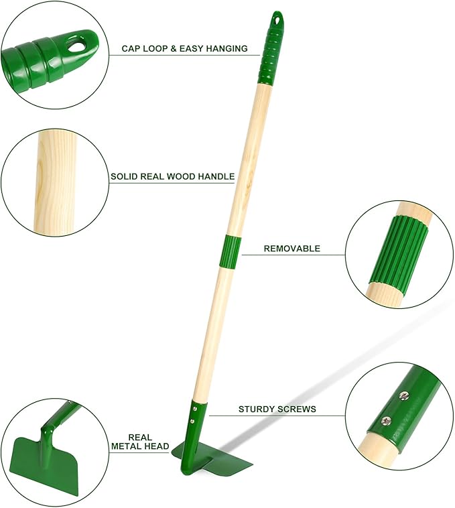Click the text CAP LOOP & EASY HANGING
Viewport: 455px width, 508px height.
coord(184,49)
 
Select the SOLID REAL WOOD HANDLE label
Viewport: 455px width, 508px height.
coord(172,177)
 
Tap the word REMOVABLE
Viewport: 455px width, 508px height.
coord(291,249)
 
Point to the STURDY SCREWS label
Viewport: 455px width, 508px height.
coord(277,409)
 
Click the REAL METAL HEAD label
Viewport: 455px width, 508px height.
coord(139,442)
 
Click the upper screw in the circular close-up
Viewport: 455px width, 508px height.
coord(403,396)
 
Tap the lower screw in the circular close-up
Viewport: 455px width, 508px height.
coord(385,420)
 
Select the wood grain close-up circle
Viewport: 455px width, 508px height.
coord(55,183)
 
